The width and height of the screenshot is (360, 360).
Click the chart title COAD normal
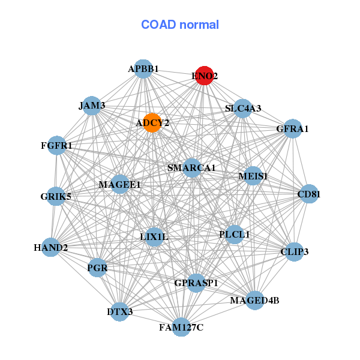[x=180, y=25]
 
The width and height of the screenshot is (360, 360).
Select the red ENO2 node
[x=205, y=76]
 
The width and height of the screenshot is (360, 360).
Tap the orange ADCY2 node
[x=152, y=123]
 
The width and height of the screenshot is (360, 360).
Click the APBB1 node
[x=143, y=69]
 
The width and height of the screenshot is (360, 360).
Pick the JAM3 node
[x=92, y=106]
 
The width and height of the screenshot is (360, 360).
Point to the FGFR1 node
[x=56, y=146]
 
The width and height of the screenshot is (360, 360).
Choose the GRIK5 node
[x=56, y=196]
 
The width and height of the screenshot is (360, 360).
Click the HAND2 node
[x=50, y=247]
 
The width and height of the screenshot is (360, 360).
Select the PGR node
[x=97, y=268]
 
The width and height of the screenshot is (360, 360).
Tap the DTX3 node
[x=120, y=311]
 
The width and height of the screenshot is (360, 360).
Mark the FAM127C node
[x=181, y=327]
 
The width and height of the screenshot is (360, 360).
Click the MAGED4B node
[x=254, y=300]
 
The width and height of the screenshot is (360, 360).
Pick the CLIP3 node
[x=294, y=252]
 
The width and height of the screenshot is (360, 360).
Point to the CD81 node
[x=309, y=194]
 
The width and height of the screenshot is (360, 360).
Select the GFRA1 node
[x=292, y=128]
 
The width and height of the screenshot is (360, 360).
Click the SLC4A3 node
[x=242, y=109]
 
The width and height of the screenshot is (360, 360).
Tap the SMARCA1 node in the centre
[x=191, y=168]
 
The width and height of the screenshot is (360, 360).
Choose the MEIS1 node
[x=253, y=176]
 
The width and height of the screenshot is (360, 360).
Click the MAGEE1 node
[x=119, y=184]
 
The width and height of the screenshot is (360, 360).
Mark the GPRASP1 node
[x=196, y=282]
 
